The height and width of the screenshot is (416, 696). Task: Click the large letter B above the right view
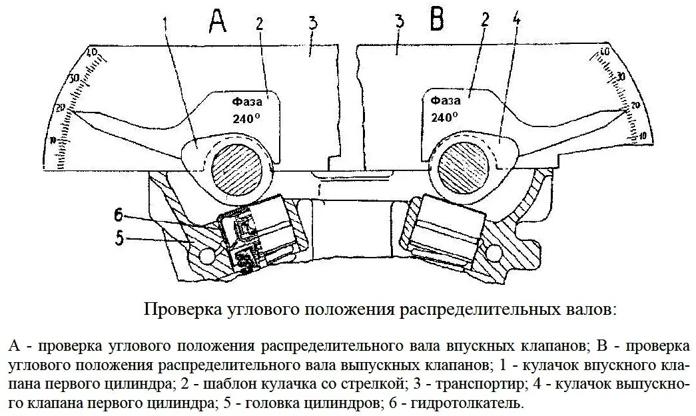tap(437, 20)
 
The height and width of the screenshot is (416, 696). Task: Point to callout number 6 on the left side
tap(119, 214)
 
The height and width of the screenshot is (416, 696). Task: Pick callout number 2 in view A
tap(260, 24)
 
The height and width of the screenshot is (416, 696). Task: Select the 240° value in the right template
tap(444, 117)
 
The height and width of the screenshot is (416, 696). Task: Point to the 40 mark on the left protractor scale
tap(93, 52)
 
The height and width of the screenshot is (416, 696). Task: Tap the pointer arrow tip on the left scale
tap(73, 111)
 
